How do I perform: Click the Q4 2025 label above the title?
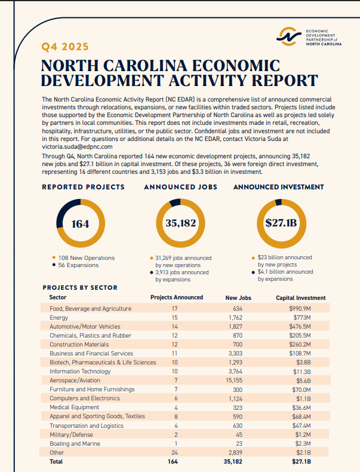click(64, 47)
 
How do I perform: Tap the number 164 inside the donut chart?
click(80, 224)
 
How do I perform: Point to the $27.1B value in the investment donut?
click(281, 224)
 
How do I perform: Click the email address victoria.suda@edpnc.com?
click(77, 146)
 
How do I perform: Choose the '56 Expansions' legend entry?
click(78, 265)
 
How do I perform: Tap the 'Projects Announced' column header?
click(177, 298)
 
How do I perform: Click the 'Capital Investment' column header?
click(301, 298)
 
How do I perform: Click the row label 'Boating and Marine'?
click(75, 444)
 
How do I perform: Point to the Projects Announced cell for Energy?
click(175, 318)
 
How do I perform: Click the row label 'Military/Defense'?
click(71, 435)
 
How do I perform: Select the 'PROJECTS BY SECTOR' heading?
click(80, 287)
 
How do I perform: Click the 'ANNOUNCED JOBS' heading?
click(180, 187)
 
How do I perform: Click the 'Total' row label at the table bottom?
click(56, 462)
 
